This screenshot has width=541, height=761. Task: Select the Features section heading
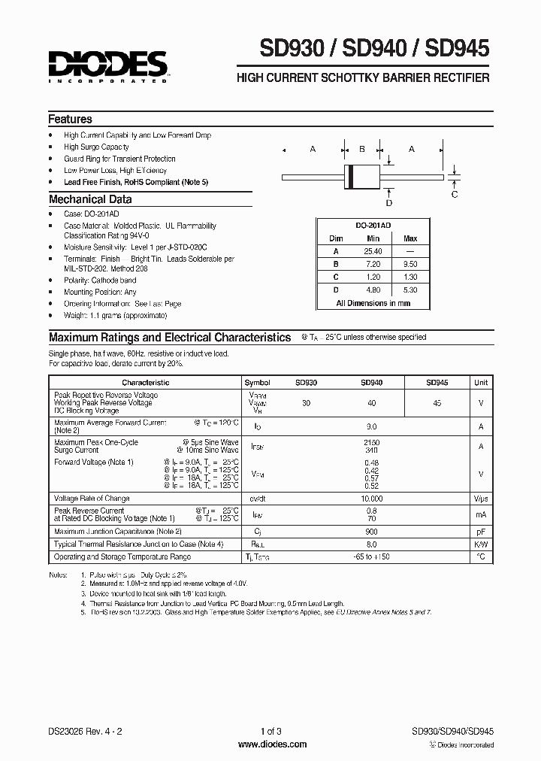71,120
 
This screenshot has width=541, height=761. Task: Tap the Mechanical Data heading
90,200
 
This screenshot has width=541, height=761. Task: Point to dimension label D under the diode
388,203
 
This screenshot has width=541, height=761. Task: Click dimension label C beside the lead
455,195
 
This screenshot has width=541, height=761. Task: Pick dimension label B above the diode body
361,150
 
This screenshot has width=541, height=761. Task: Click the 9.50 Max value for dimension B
410,265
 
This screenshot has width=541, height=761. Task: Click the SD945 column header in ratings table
437,383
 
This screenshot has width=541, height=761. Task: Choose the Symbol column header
257,383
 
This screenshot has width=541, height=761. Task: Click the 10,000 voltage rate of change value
371,499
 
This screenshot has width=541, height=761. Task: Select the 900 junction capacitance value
371,532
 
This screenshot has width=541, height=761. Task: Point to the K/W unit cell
480,544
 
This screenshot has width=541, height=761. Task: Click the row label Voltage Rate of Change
92,499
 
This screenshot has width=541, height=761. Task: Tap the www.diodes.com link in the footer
271,744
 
